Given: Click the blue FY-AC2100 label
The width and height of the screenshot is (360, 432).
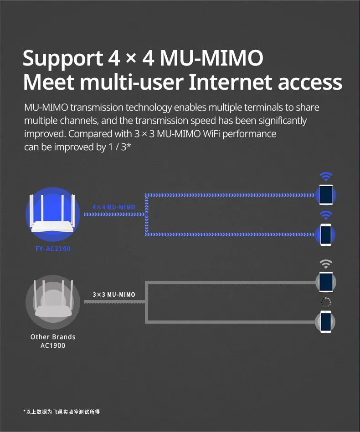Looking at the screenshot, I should click(53, 249).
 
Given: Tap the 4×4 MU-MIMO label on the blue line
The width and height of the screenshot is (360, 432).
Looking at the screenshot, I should click(114, 207).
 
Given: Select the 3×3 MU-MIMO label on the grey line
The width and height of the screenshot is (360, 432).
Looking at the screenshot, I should click(114, 295).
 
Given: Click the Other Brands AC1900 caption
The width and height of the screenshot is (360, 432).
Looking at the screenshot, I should click(53, 341).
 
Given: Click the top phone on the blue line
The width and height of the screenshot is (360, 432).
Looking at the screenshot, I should click(325, 194).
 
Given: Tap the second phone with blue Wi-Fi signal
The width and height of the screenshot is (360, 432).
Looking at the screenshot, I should click(325, 234).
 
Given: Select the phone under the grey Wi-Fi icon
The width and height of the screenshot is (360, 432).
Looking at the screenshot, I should click(325, 281).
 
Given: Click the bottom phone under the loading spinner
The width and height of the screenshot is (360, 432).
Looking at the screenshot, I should click(325, 322).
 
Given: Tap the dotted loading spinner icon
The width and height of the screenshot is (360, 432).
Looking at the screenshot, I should click(325, 302).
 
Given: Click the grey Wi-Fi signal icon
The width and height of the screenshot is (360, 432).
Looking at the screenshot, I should click(325, 264).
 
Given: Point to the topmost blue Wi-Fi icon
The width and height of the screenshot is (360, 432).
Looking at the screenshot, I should click(325, 176).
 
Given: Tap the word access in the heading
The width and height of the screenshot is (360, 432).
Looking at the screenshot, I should click(310, 83).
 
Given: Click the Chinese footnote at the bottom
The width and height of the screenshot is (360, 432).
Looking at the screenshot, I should click(62, 412).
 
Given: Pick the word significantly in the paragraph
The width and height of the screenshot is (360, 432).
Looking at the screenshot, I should click(282, 121).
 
